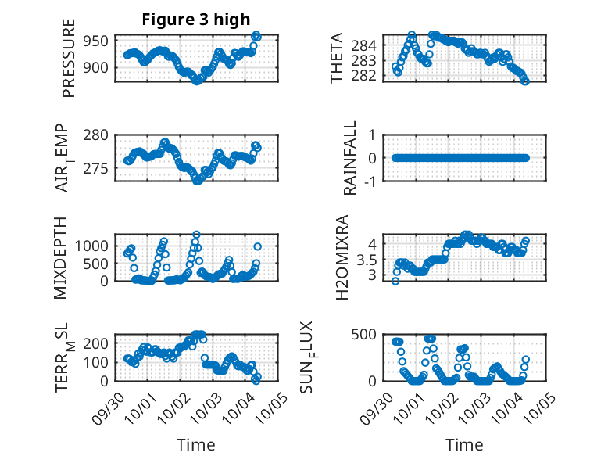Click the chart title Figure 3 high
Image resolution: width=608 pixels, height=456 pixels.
click(x=195, y=20)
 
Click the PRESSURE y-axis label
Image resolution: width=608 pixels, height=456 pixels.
click(x=68, y=59)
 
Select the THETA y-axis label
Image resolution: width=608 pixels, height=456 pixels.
click(x=337, y=59)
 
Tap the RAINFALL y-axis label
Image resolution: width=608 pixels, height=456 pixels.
click(x=350, y=158)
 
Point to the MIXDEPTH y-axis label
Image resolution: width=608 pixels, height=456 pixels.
click(x=61, y=257)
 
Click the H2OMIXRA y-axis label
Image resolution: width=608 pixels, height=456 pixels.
click(x=342, y=257)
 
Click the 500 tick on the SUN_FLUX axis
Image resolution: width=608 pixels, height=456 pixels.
click(x=370, y=334)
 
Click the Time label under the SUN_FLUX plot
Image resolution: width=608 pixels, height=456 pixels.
click(x=464, y=445)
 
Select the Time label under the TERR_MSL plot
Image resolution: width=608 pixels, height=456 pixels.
click(x=195, y=445)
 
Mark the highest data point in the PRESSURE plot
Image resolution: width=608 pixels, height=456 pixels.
click(x=257, y=35)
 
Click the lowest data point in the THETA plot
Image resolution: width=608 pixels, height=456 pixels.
click(x=525, y=81)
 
